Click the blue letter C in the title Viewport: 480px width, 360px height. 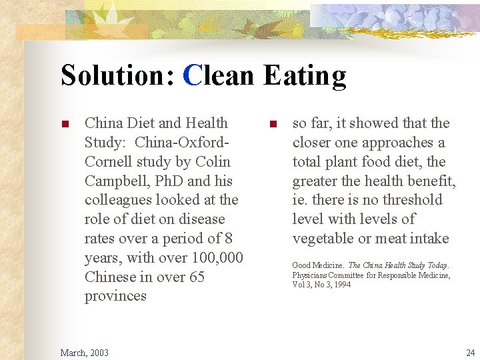pos(192,75)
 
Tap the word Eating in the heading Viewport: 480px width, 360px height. pos(305,75)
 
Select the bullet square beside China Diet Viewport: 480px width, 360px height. pos(65,124)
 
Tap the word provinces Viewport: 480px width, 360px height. pos(115,296)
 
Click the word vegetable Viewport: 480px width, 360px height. pos(325,239)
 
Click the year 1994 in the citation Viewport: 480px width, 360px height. pos(342,285)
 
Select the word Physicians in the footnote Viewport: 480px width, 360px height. pos(311,275)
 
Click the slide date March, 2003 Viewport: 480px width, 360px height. pos(84,352)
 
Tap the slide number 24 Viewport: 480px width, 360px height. pos(471,352)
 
